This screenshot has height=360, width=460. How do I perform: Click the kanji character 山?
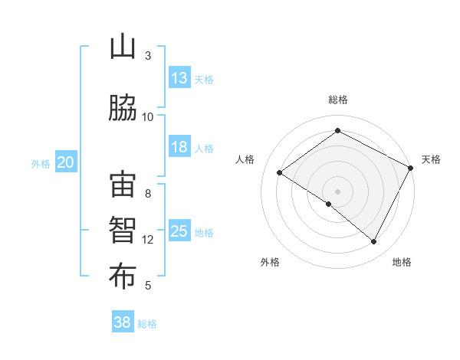(123, 47)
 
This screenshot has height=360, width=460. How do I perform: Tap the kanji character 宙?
(123, 187)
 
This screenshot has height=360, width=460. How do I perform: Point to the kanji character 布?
(123, 277)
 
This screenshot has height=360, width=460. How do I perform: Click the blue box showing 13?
(179, 78)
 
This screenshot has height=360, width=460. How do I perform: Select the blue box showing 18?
(179, 147)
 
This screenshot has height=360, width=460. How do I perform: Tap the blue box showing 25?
(179, 231)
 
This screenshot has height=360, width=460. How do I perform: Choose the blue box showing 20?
(66, 162)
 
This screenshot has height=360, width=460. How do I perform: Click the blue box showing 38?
(123, 322)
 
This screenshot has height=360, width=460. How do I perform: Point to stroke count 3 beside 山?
(148, 56)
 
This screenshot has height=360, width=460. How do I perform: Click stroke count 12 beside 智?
(148, 240)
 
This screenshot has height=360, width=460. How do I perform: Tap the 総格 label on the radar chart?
(337, 100)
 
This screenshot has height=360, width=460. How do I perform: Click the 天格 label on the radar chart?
(431, 159)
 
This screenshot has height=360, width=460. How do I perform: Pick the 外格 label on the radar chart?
(270, 262)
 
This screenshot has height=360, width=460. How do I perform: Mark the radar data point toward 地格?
(374, 242)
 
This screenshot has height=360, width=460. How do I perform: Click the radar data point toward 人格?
(280, 173)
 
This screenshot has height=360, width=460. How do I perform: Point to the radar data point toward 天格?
(411, 168)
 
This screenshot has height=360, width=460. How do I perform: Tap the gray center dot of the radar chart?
(337, 191)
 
